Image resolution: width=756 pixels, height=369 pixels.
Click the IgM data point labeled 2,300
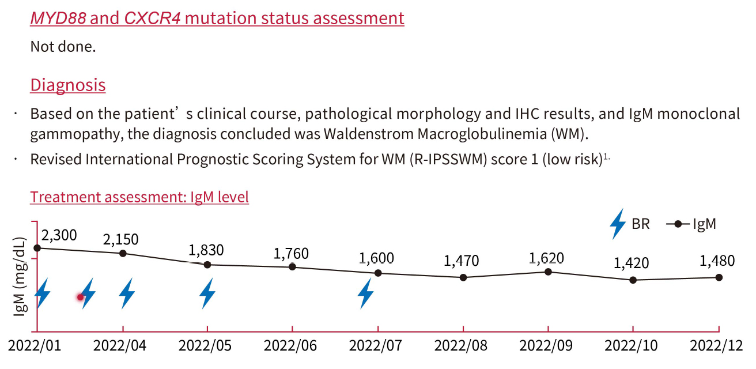click(37, 248)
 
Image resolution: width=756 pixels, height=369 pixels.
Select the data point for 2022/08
click(463, 277)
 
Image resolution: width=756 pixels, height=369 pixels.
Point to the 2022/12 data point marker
click(719, 277)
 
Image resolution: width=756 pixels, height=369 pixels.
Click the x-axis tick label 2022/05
click(206, 346)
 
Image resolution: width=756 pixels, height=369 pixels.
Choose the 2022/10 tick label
click(633, 346)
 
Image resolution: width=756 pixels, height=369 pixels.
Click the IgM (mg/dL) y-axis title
click(20, 276)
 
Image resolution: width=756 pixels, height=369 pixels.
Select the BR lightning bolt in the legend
click(618, 224)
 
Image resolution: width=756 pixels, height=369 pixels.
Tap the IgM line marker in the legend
click(678, 224)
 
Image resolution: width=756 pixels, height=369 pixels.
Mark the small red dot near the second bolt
click(81, 297)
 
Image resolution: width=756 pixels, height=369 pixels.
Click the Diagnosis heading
click(67, 85)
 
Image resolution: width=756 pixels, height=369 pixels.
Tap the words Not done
click(63, 47)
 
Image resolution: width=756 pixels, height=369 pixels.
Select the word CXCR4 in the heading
click(150, 18)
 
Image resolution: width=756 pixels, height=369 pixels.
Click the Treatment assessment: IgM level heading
click(139, 197)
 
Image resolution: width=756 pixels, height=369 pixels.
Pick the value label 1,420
click(632, 263)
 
